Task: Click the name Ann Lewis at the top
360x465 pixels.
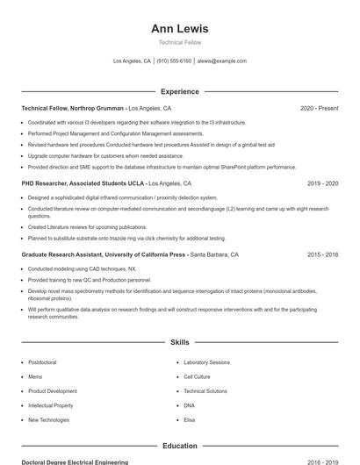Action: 179,29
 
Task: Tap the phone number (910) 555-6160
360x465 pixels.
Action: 174,61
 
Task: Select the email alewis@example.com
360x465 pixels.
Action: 221,61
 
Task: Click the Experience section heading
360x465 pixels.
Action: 179,91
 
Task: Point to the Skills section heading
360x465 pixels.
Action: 179,341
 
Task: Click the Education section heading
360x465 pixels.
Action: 179,446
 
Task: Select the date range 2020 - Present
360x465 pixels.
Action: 319,108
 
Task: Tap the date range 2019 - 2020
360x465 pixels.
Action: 322,183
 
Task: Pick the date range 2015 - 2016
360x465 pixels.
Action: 322,254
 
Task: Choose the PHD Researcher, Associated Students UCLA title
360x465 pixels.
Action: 83,183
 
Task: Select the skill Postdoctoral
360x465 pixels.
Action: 42,362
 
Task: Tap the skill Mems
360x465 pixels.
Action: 35,376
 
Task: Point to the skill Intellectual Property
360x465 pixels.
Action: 50,405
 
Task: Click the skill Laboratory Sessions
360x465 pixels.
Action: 206,362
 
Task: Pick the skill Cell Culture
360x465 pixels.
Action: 197,376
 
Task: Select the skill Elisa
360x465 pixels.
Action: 189,420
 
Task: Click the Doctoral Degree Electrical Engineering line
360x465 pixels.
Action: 75,461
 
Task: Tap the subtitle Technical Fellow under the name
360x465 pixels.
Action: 179,42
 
